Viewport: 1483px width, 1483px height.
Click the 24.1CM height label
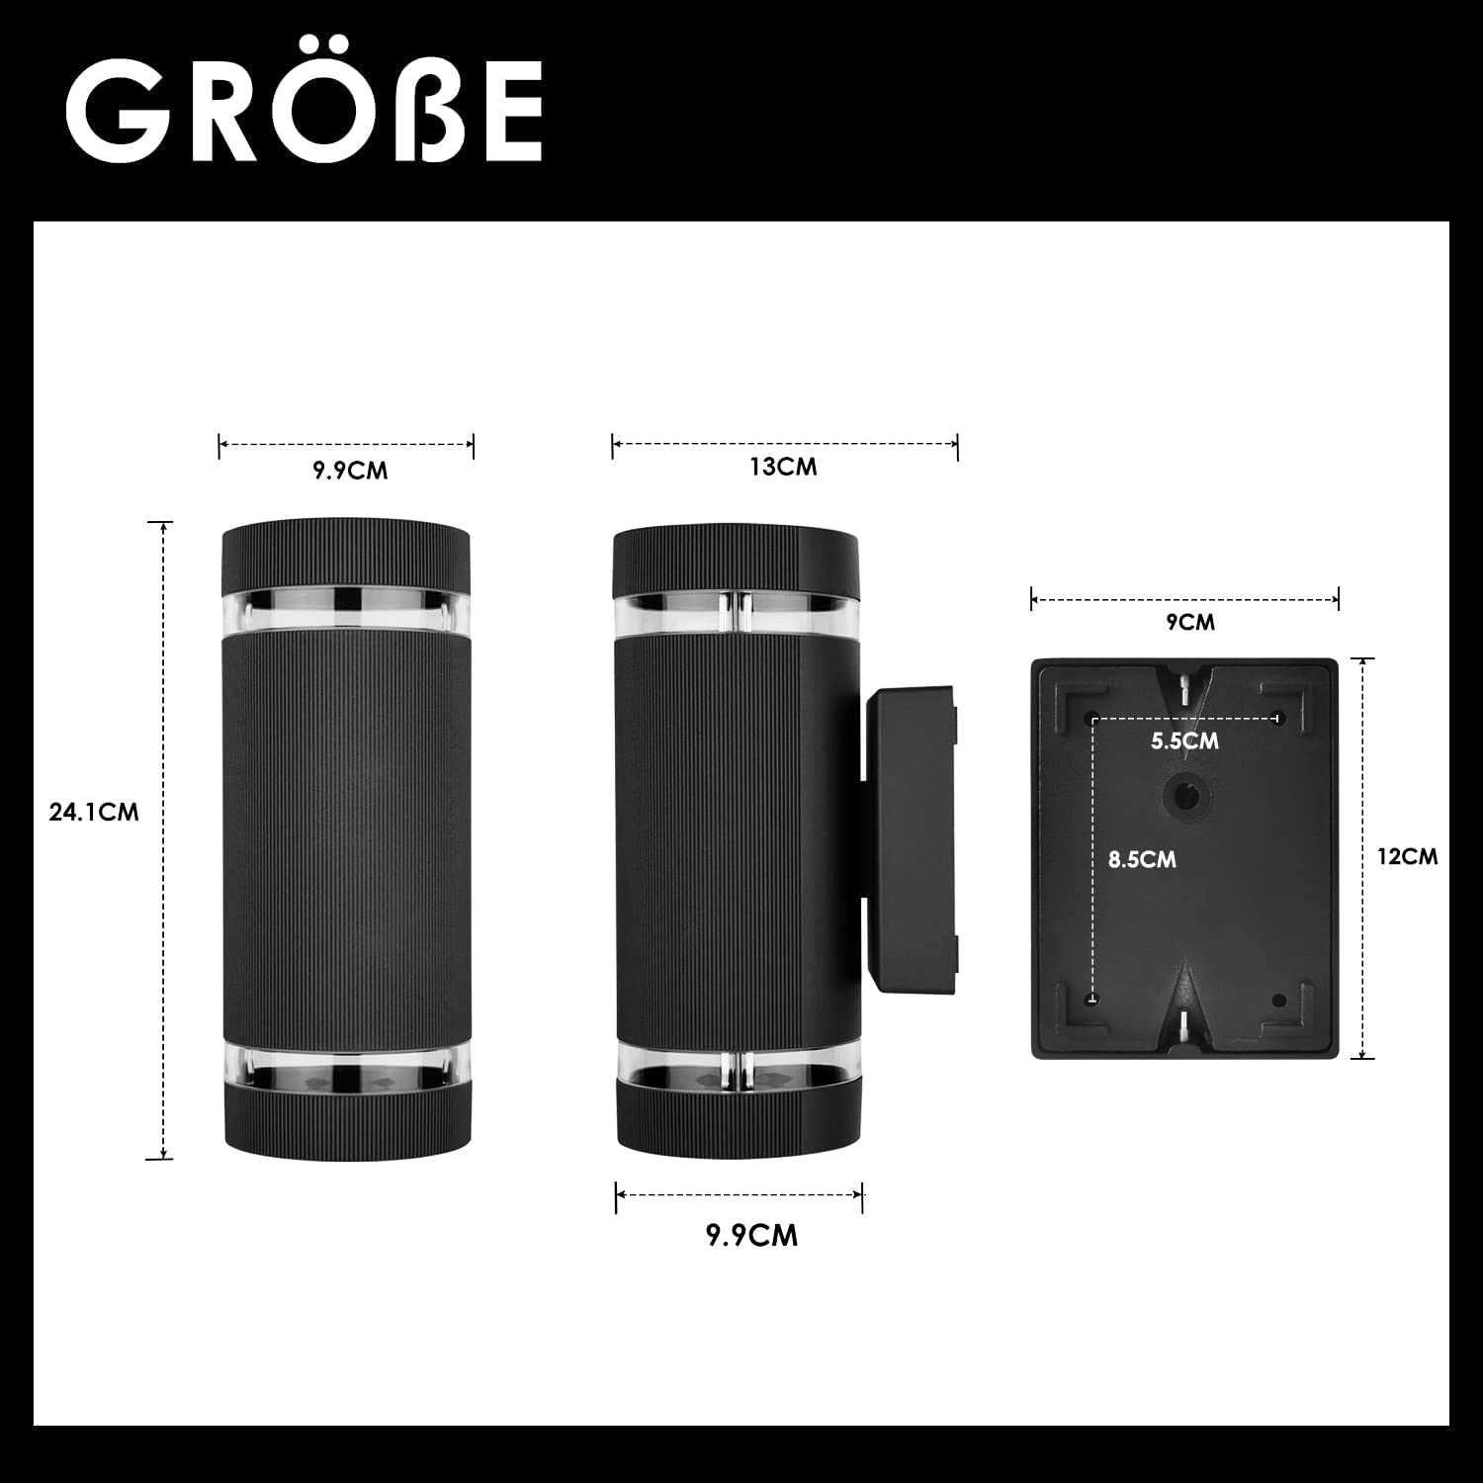click(x=94, y=813)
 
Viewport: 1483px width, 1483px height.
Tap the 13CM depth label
click(x=784, y=467)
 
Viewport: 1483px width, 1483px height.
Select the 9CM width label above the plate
click(x=1191, y=622)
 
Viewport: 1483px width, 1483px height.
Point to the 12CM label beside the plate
click(x=1408, y=856)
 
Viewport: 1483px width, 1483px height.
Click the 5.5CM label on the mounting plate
click(x=1184, y=741)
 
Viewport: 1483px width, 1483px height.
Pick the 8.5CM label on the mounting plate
click(x=1142, y=859)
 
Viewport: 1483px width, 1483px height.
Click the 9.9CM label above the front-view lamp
click(x=351, y=471)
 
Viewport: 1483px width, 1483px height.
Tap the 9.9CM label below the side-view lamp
click(x=751, y=1236)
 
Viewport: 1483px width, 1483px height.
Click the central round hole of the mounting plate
click(x=1183, y=795)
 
